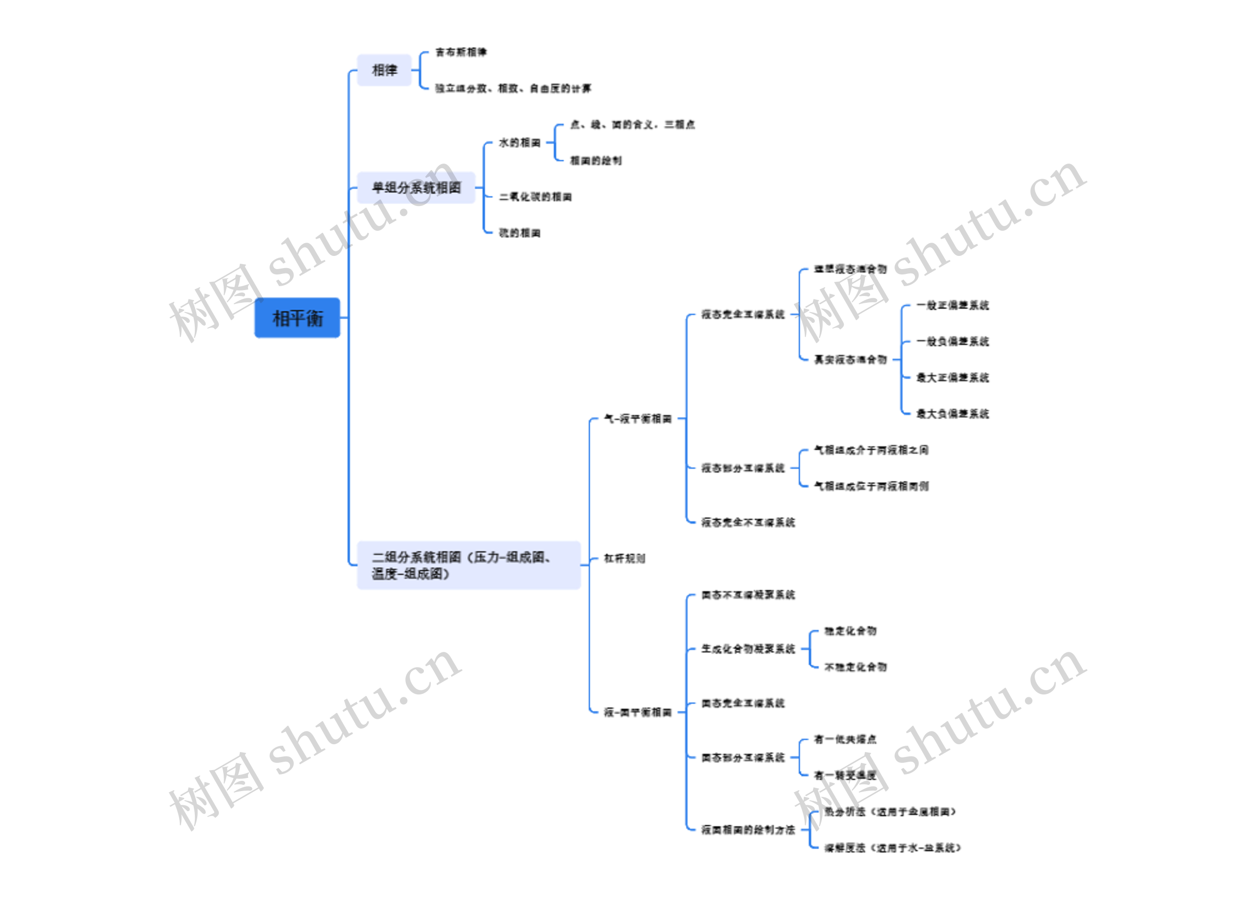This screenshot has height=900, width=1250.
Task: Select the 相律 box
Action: click(x=384, y=70)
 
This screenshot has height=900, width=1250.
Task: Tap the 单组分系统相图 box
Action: click(x=416, y=188)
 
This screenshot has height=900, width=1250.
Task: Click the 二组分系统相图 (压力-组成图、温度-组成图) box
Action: click(x=468, y=565)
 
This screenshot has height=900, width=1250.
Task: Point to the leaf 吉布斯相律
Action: click(x=461, y=52)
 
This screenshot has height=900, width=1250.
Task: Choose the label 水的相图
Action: click(x=519, y=143)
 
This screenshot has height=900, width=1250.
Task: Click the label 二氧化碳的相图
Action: click(x=535, y=197)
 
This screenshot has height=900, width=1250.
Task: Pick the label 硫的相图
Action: click(x=519, y=233)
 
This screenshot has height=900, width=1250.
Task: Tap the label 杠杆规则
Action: click(x=624, y=558)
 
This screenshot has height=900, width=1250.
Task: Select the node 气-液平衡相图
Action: click(x=638, y=419)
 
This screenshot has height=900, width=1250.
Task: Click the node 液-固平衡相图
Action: click(x=638, y=712)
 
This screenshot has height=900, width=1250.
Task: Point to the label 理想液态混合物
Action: click(x=851, y=269)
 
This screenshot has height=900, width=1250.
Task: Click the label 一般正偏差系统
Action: click(x=952, y=305)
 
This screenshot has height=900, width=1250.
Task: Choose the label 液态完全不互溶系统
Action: click(x=748, y=523)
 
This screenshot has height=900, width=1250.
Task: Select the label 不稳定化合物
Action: click(x=855, y=667)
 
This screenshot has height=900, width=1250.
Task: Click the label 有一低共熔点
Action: click(x=845, y=739)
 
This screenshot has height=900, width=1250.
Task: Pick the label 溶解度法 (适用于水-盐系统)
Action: click(x=892, y=848)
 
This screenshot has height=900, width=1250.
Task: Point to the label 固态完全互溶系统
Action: click(x=742, y=703)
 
